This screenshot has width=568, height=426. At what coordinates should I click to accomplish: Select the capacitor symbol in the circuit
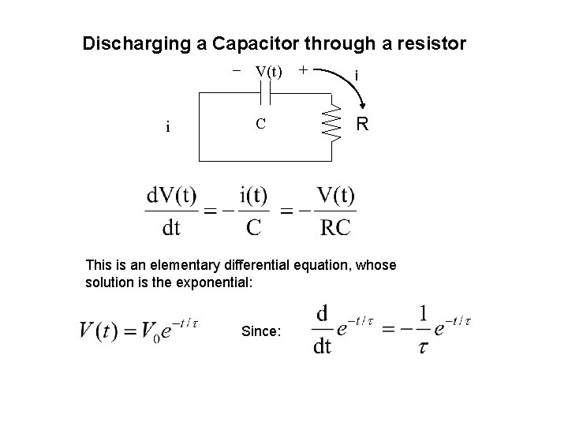coord(266,95)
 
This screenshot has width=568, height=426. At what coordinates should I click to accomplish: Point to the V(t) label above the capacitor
coord(269,71)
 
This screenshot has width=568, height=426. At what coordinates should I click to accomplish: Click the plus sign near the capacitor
coord(304,70)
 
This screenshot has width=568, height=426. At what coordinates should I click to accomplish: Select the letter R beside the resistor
coord(362,125)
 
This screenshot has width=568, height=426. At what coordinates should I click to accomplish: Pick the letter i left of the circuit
coord(168,126)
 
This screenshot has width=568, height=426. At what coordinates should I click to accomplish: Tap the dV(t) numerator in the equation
coord(171,195)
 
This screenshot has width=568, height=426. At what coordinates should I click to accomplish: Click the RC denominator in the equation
coord(335,228)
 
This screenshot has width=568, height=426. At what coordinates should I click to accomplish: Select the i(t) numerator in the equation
coord(252,195)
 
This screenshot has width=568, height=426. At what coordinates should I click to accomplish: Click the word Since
coord(260,332)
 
